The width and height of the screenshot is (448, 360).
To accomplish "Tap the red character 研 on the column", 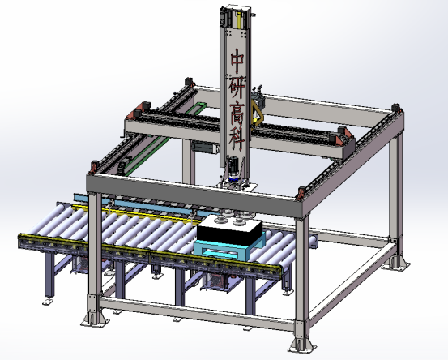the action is coord(237,86).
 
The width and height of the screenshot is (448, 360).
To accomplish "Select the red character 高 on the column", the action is coord(237,113).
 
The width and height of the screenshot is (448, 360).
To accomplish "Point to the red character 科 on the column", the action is coord(237,139).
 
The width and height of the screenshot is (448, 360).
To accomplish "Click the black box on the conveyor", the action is coord(229,229).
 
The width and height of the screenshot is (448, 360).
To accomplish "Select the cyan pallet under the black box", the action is coord(229,248).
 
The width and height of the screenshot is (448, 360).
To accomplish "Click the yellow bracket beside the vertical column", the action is coord(257,113).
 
